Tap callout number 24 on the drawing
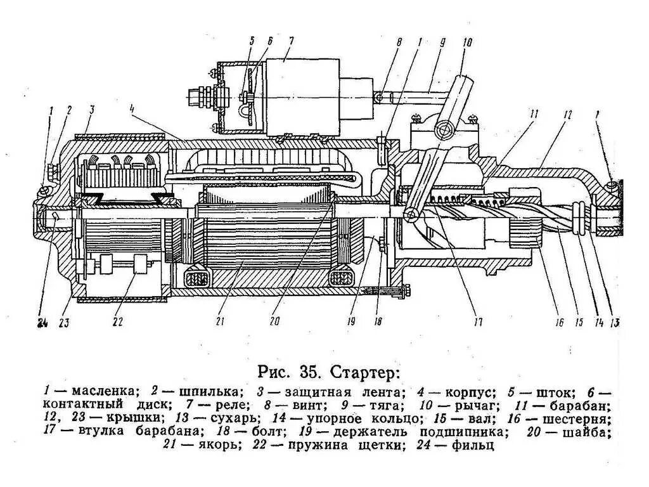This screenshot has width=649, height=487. click(42, 323)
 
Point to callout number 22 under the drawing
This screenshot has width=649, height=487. click(118, 322)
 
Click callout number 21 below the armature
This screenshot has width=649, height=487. click(220, 321)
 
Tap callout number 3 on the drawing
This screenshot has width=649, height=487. click(92, 109)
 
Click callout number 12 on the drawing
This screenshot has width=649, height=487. click(567, 114)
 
